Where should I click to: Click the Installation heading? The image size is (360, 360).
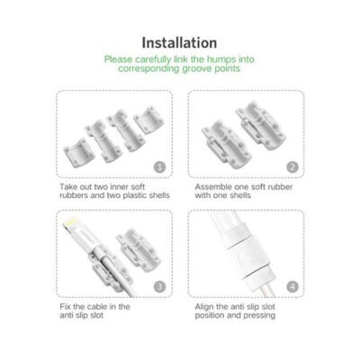pyautogui.click(x=179, y=42)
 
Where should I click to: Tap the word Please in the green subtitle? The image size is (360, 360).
pyautogui.click(x=119, y=58)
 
